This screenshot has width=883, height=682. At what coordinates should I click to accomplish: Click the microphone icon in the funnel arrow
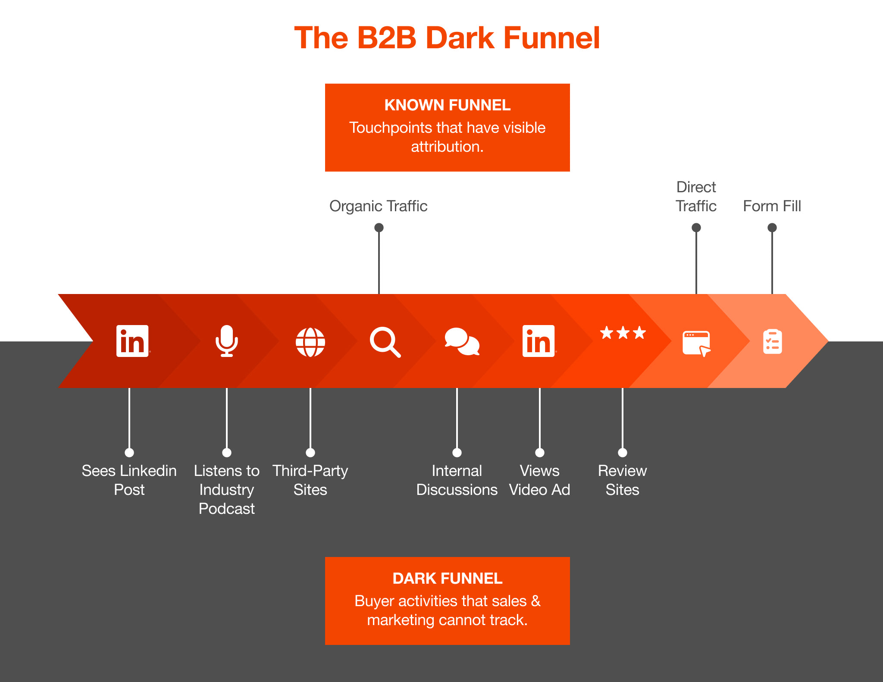227,341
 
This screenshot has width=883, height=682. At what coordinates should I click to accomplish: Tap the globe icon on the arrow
310,342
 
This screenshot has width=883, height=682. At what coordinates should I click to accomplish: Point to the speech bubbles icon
462,341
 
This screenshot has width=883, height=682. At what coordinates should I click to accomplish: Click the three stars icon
623,332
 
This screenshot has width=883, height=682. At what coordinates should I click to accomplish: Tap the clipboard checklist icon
772,342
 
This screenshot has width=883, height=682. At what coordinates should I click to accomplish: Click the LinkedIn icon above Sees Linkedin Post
133,341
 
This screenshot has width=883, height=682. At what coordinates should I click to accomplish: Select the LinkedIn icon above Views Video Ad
539,341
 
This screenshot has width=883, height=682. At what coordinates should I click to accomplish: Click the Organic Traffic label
378,206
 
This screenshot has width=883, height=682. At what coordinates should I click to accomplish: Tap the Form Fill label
772,206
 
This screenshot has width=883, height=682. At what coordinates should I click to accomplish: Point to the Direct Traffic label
696,197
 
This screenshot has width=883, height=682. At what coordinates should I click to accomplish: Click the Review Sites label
622,480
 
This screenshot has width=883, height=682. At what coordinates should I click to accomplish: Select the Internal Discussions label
457,480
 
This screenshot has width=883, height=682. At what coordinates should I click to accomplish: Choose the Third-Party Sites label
310,480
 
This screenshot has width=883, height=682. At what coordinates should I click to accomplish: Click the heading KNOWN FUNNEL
448,105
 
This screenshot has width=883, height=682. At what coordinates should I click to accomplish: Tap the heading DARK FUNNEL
448,579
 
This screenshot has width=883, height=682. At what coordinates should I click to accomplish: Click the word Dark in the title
460,38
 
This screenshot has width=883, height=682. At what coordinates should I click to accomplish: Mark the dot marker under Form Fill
772,228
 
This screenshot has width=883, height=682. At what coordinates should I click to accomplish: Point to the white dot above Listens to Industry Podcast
227,453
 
